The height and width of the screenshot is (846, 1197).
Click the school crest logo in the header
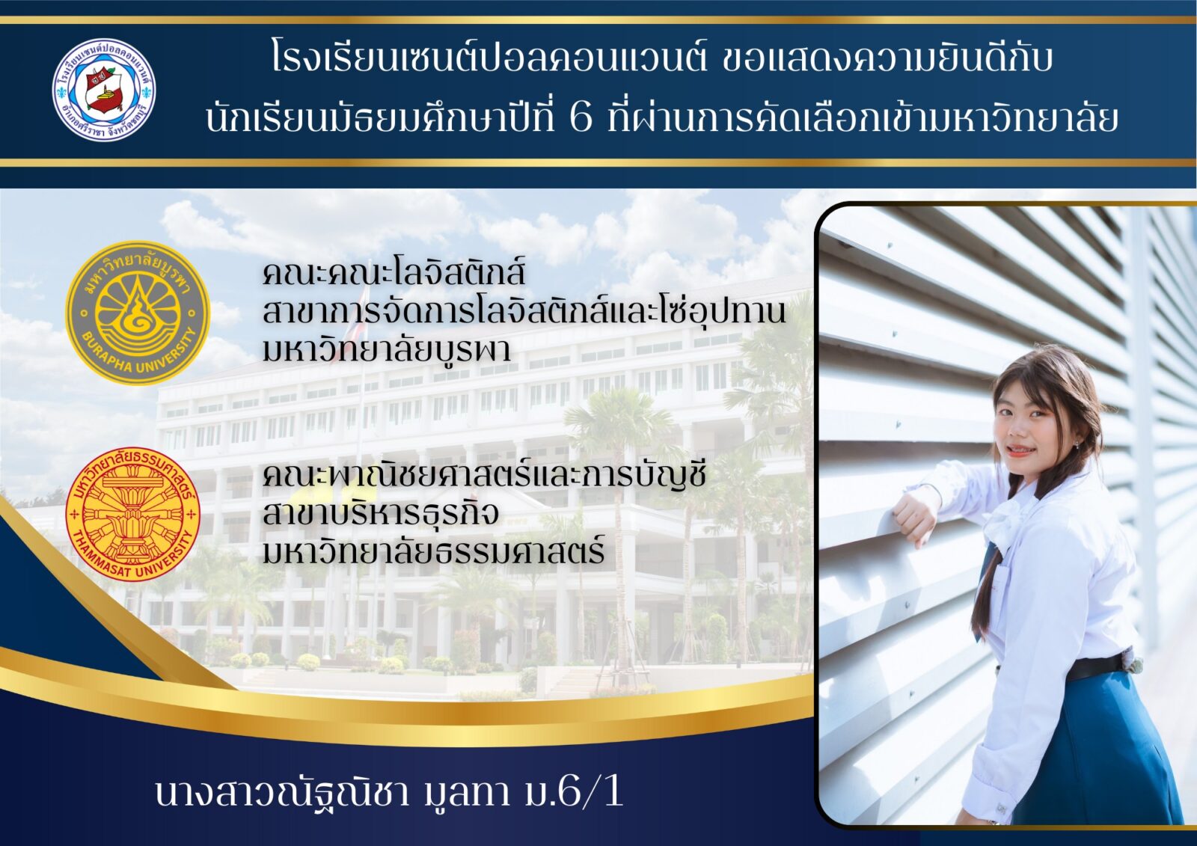(104, 90)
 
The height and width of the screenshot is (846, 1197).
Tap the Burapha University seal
(138, 313)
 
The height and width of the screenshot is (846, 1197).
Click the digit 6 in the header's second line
(581, 119)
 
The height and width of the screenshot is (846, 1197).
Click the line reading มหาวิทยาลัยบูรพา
(386, 350)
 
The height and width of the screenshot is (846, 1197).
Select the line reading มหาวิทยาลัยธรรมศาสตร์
(433, 551)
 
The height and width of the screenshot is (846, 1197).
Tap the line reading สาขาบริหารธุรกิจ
(381, 513)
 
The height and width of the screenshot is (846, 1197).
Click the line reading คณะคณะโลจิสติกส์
(394, 272)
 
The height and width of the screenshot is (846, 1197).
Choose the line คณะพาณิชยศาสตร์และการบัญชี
(484, 473)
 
